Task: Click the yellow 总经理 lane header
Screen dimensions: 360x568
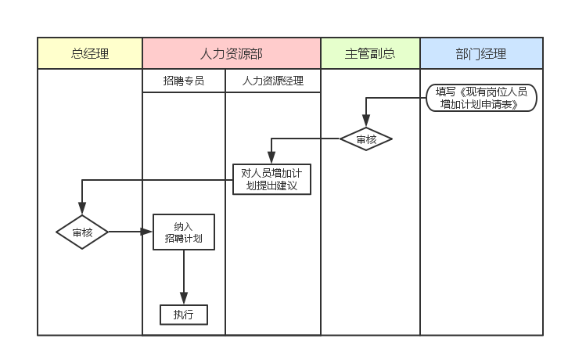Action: tap(90, 53)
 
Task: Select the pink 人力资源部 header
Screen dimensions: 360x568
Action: tap(232, 53)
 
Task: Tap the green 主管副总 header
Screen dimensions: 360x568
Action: tap(370, 53)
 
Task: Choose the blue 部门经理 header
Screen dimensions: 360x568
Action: tap(481, 53)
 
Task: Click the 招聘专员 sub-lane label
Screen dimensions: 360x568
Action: tap(184, 81)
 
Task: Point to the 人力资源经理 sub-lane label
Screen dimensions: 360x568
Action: tap(273, 81)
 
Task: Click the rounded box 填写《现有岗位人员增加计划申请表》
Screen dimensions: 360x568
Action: tap(481, 98)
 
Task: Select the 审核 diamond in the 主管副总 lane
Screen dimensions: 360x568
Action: tap(366, 139)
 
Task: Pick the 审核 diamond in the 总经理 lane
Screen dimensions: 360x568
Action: tap(82, 232)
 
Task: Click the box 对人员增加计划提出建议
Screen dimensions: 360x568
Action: tap(271, 179)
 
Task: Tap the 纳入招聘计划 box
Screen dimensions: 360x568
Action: tap(184, 232)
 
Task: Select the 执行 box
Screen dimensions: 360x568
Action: tap(184, 315)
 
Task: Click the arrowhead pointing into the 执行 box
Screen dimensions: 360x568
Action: tap(184, 299)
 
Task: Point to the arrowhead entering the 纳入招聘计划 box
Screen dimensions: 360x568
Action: tap(147, 232)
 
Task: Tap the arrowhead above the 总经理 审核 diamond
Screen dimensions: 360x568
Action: tap(82, 211)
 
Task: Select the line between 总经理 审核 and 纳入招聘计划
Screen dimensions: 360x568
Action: tap(125, 232)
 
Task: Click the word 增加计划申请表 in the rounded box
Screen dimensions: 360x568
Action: tap(481, 104)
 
